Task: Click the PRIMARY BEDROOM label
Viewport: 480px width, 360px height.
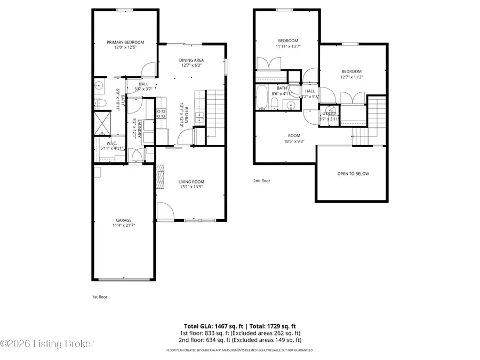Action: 125,42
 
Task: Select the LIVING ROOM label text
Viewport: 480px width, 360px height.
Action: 191,182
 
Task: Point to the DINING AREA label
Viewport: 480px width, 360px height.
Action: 191,60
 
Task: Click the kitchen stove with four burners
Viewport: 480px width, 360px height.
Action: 162,113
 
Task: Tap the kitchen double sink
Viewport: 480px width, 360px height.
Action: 198,117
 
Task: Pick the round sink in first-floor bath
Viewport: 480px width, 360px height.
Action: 99,85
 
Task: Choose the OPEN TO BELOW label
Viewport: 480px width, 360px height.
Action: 353,174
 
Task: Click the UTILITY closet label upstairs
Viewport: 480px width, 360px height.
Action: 329,114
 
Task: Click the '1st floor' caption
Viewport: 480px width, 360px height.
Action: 100,297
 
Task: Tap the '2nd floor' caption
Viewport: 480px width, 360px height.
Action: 261,181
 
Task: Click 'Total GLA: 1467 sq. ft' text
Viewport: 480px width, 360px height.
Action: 210,326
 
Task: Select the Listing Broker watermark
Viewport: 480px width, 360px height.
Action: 48,344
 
